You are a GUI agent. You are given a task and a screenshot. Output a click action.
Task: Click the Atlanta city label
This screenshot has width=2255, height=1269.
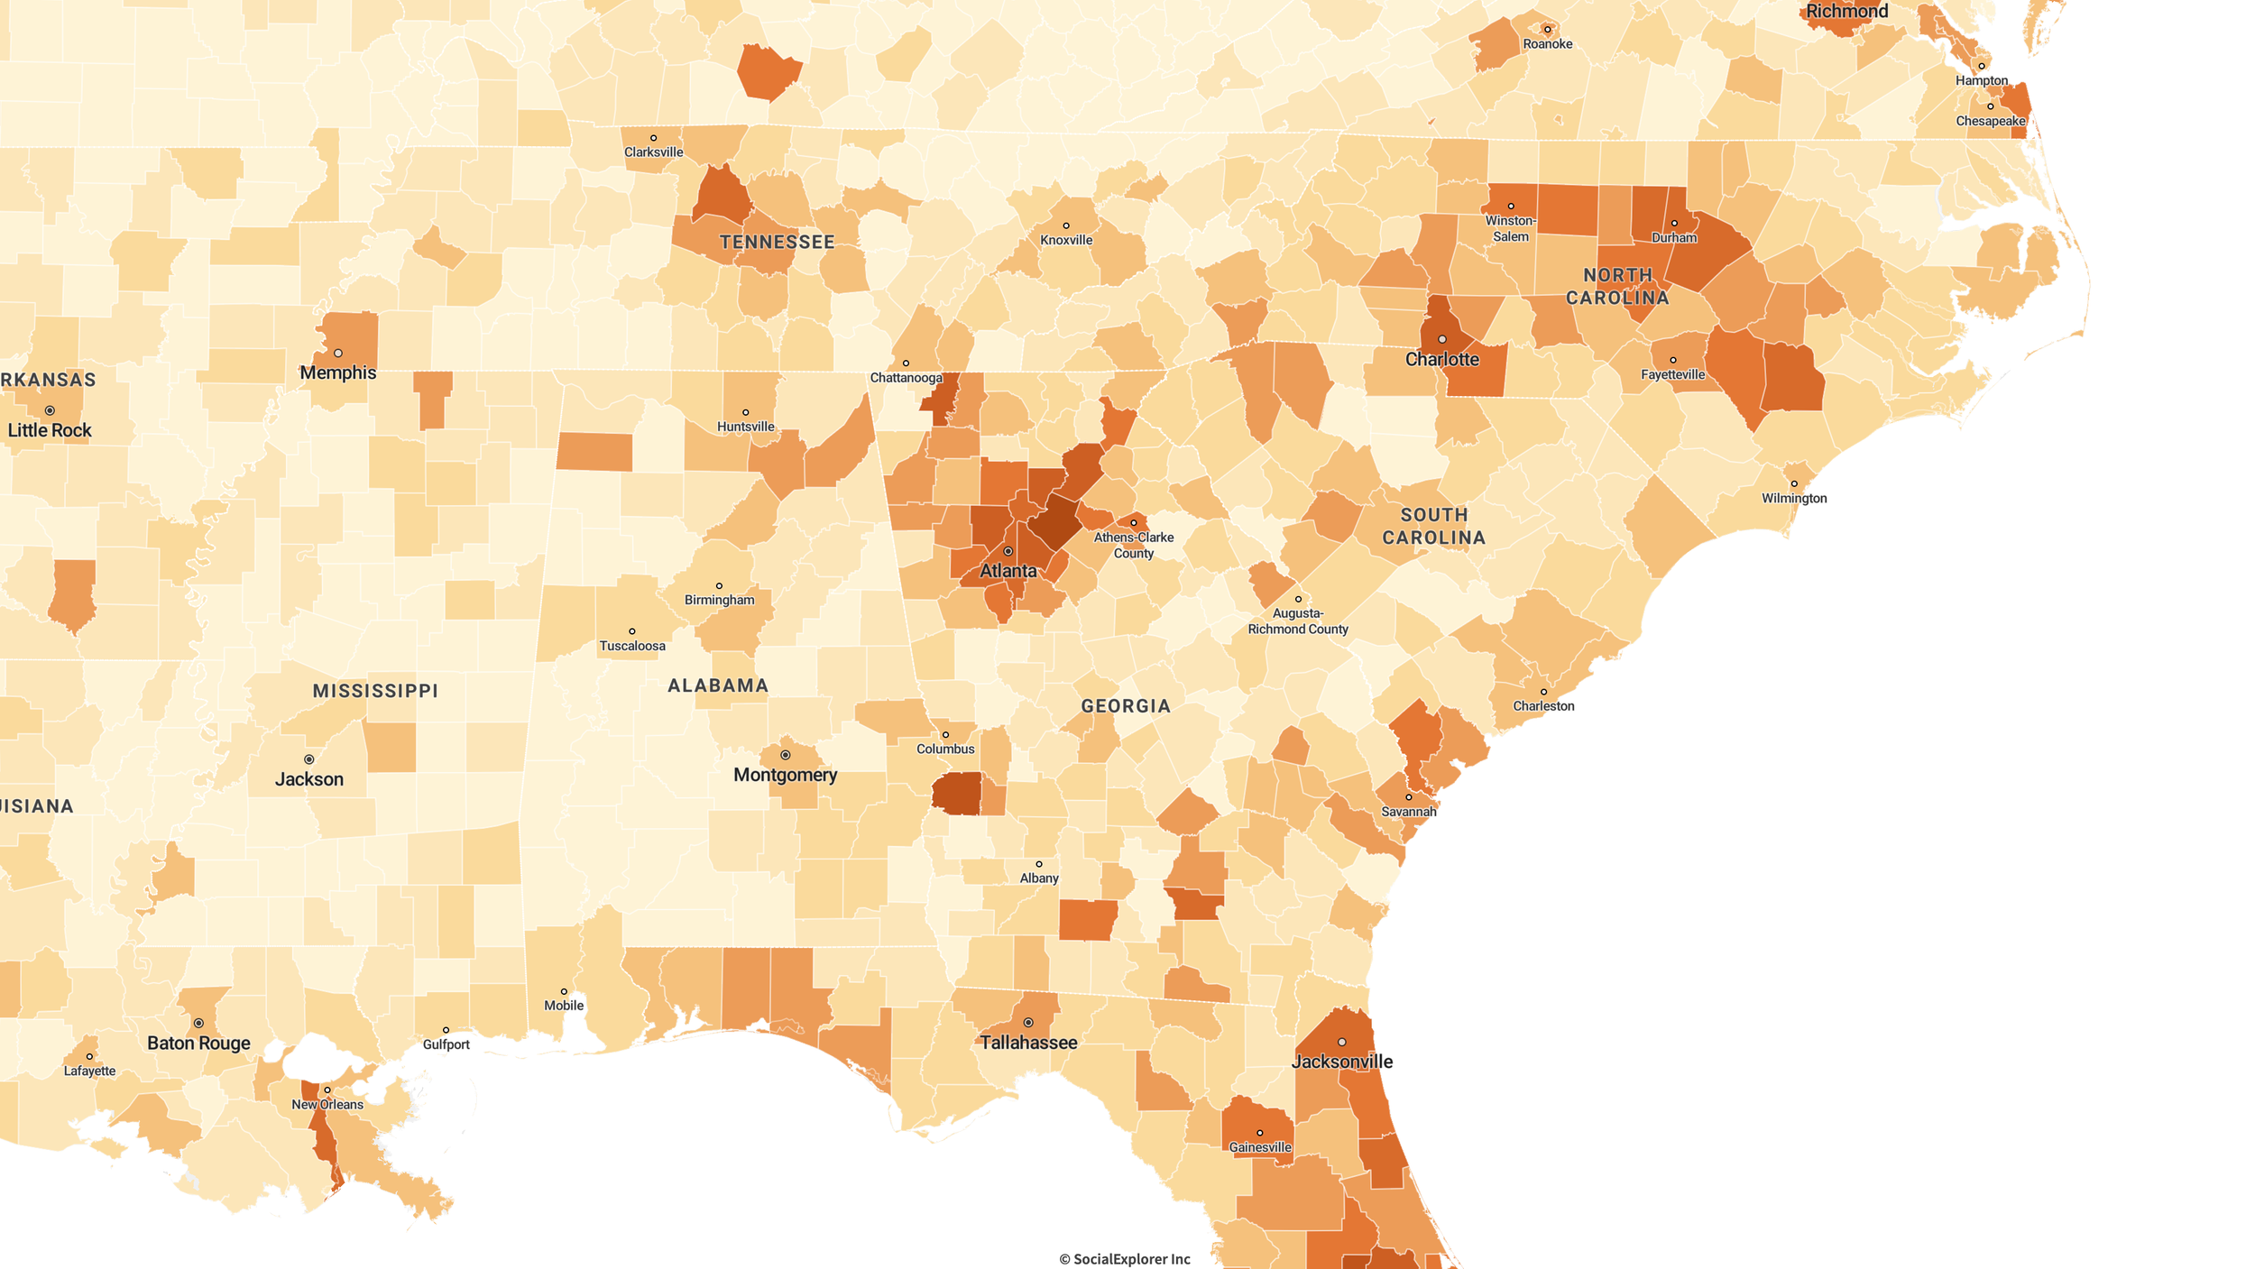pyautogui.click(x=1008, y=571)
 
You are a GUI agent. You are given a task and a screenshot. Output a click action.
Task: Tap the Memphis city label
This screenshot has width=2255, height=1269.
pyautogui.click(x=337, y=372)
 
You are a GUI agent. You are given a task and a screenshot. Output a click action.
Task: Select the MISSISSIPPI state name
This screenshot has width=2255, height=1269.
pyautogui.click(x=375, y=691)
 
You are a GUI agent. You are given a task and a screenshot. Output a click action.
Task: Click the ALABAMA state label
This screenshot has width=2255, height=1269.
pyautogui.click(x=718, y=685)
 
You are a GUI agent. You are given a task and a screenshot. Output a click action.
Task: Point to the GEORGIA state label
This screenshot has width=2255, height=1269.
pyautogui.click(x=1126, y=706)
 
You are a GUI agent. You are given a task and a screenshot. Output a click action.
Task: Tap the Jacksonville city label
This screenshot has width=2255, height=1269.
pyautogui.click(x=1341, y=1062)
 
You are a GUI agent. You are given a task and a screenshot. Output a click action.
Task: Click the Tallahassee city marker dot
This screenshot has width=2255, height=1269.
pyautogui.click(x=1027, y=1023)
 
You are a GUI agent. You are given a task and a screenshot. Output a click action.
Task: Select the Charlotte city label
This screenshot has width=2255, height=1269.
pyautogui.click(x=1441, y=359)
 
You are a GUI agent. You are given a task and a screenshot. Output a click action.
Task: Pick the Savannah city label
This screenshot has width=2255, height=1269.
pyautogui.click(x=1408, y=812)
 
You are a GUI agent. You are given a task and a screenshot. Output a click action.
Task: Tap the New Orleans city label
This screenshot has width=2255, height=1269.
pyautogui.click(x=327, y=1104)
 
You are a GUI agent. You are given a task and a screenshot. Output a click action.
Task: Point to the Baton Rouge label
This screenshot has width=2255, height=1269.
pyautogui.click(x=198, y=1043)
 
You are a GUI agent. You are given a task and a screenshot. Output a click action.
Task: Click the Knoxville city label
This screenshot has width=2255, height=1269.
pyautogui.click(x=1065, y=240)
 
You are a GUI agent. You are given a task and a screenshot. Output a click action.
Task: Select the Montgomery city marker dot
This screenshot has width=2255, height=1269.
pyautogui.click(x=785, y=755)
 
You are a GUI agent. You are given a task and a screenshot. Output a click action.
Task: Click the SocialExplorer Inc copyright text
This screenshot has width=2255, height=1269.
pyautogui.click(x=1124, y=1259)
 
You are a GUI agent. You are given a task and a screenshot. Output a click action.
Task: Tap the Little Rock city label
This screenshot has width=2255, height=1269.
pyautogui.click(x=50, y=430)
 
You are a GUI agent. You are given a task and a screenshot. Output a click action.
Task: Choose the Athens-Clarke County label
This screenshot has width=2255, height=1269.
pyautogui.click(x=1133, y=545)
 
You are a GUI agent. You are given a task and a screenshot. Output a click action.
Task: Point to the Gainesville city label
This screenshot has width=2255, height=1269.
pyautogui.click(x=1259, y=1147)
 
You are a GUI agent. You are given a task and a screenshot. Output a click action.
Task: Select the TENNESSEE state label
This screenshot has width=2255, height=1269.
pyautogui.click(x=777, y=242)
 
